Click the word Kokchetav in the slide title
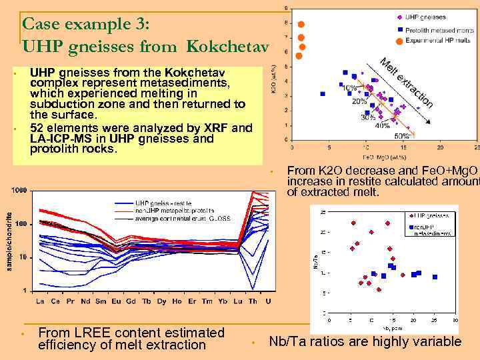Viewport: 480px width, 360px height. tap(227, 47)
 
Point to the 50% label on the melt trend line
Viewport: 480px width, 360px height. tap(412, 136)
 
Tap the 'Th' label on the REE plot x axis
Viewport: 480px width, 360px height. tap(253, 301)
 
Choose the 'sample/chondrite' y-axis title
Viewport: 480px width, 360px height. tap(8, 240)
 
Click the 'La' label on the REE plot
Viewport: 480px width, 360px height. tap(40, 301)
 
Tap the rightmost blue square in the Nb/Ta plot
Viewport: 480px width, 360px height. tap(435, 277)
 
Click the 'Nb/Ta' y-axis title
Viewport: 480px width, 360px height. tap(315, 264)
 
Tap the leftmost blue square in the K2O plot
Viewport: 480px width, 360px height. tap(323, 94)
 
